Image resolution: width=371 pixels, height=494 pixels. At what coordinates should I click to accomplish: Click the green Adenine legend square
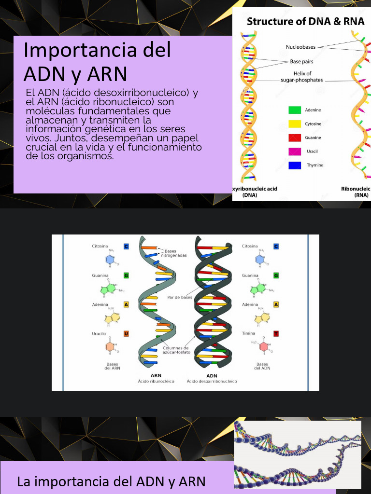[295, 110]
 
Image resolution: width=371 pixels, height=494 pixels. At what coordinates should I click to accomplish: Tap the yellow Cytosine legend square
[295, 124]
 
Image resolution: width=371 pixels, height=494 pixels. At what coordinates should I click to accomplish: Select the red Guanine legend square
[295, 138]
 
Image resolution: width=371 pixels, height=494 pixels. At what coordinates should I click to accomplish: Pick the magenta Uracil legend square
[295, 151]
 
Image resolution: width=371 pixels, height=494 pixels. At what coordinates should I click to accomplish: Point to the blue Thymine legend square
[295, 165]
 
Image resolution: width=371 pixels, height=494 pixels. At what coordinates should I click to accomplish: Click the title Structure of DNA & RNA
[306, 22]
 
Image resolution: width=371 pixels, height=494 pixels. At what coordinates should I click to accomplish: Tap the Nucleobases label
[300, 47]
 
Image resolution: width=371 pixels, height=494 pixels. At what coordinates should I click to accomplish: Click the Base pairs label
[302, 62]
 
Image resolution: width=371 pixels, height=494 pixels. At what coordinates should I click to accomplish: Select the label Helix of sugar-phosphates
[302, 77]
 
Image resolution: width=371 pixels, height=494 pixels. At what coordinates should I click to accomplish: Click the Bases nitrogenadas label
[177, 253]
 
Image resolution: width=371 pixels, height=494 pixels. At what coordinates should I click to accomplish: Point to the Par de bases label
[180, 298]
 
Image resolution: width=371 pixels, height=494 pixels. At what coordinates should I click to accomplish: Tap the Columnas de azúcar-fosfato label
[176, 350]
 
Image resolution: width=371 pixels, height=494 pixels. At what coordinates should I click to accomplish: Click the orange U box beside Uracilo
[126, 333]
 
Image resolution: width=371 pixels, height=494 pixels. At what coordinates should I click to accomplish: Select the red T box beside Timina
[276, 333]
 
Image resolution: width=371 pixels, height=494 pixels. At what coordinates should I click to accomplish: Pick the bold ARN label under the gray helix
[156, 375]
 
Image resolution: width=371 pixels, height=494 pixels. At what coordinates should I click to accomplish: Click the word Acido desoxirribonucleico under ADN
[212, 382]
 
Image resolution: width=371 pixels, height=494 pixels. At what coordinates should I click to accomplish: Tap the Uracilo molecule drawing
[111, 346]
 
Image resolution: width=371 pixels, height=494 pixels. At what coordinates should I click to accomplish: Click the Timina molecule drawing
[261, 346]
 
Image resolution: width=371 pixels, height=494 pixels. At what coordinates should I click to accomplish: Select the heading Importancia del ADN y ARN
[97, 62]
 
